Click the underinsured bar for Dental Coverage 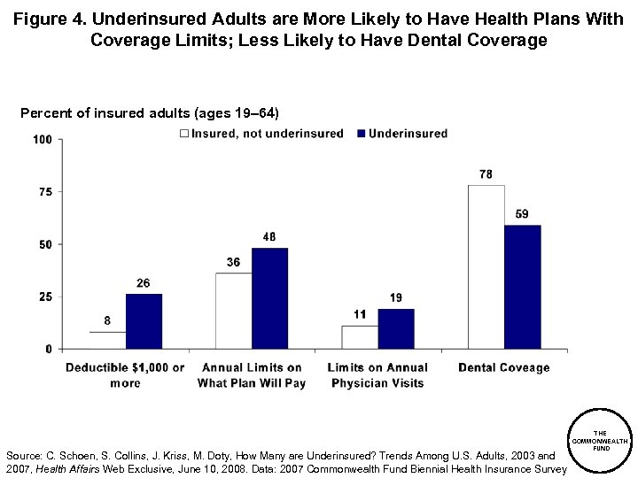click(522, 287)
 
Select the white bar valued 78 click(486, 266)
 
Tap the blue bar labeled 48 click(269, 298)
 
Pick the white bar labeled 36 click(233, 311)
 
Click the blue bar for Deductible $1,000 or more click(144, 321)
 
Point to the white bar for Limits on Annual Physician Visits click(360, 337)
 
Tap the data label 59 click(522, 215)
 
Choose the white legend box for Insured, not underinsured click(184, 134)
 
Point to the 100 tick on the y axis click(42, 140)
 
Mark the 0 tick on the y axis click(48, 350)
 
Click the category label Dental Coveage click(503, 368)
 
